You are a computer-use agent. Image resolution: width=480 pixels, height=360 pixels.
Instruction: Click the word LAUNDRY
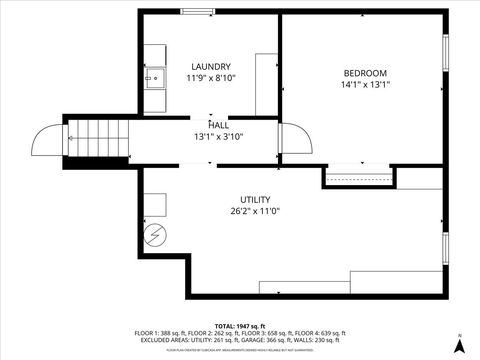(x=210, y=67)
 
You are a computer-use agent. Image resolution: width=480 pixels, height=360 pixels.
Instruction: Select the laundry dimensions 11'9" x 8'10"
(x=210, y=78)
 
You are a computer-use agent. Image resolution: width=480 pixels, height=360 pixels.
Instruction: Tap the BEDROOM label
(x=365, y=73)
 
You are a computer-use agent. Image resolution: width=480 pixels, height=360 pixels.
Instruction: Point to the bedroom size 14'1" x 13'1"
(x=365, y=85)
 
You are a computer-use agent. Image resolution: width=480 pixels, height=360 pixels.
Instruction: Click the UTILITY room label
(x=254, y=199)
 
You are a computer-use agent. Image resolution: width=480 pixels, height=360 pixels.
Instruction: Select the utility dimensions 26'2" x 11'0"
(x=254, y=211)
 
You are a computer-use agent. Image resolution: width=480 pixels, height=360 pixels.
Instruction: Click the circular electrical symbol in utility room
(x=156, y=236)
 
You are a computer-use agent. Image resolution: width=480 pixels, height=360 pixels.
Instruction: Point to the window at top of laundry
(x=195, y=11)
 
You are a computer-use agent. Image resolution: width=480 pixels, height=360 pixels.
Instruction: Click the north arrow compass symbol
(x=459, y=343)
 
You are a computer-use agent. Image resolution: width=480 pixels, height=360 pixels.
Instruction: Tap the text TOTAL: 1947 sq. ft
(x=240, y=326)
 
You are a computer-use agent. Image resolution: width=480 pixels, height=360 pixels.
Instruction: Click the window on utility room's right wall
(x=445, y=250)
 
